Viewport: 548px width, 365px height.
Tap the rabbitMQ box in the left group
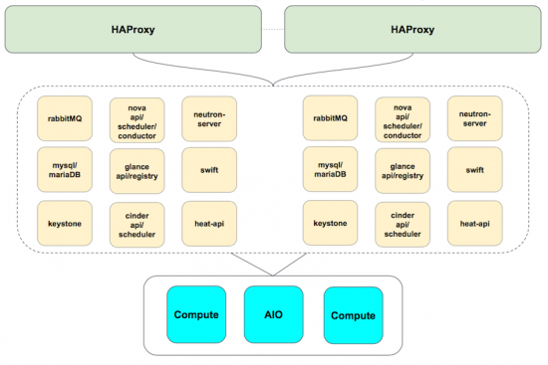pos(64,117)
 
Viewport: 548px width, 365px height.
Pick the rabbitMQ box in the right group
pos(330,117)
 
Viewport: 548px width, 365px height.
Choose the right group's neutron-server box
pos(474,117)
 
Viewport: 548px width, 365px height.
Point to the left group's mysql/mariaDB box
pos(64,170)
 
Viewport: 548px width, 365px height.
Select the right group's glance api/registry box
pos(403,170)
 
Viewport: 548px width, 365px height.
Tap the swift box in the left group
pos(209,170)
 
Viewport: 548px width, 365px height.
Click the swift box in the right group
pos(474,170)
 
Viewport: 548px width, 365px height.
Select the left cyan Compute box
pos(196,314)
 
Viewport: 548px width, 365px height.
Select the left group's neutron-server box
pos(209,117)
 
